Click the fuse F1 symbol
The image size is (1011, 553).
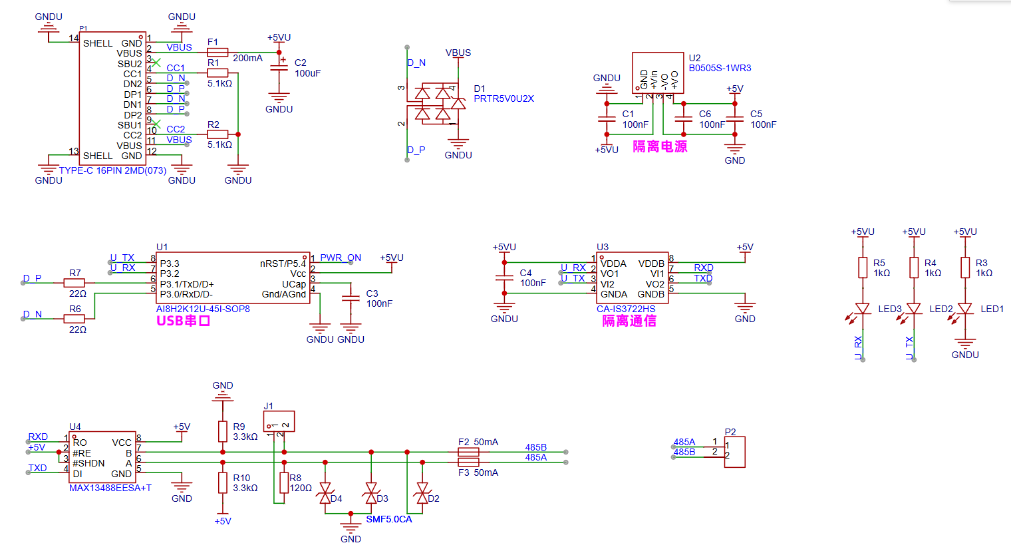point(217,52)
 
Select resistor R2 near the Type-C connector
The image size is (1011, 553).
point(217,134)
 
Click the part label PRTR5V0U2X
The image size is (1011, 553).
point(504,98)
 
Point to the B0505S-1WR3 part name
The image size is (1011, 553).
point(720,68)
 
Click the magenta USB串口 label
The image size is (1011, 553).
point(184,321)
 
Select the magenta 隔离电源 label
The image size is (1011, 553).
point(659,146)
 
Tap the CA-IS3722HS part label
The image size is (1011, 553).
point(625,309)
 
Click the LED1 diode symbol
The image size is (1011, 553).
point(965,309)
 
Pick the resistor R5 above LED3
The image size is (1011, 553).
point(863,268)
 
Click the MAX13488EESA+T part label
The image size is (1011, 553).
point(110,488)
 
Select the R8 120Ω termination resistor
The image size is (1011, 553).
point(284,482)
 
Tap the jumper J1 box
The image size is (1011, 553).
point(279,421)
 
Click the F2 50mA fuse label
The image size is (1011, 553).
point(478,442)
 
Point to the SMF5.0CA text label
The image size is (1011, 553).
point(388,519)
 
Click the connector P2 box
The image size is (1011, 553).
point(734,452)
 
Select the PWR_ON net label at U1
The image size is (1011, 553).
point(341,258)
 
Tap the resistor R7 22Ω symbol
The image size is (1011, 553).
point(74,283)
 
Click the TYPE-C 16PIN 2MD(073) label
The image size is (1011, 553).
point(112,170)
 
